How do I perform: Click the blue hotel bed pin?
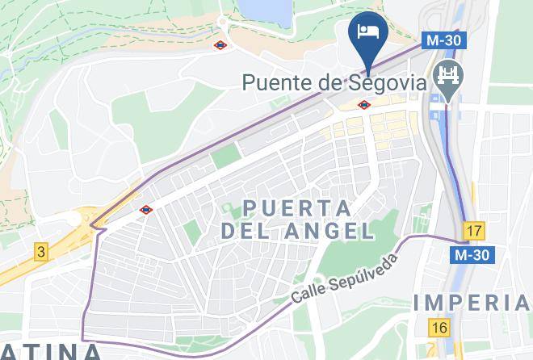click(x=367, y=32)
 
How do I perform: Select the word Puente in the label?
click(x=278, y=82)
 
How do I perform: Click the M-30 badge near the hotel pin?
click(x=440, y=40)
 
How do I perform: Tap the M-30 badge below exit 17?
click(x=471, y=255)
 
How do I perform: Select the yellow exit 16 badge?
click(x=439, y=328)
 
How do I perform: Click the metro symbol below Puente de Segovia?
click(x=365, y=104)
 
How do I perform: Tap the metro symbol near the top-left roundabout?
click(x=220, y=45)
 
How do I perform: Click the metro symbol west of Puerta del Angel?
click(x=145, y=210)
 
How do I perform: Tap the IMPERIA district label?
click(x=472, y=303)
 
